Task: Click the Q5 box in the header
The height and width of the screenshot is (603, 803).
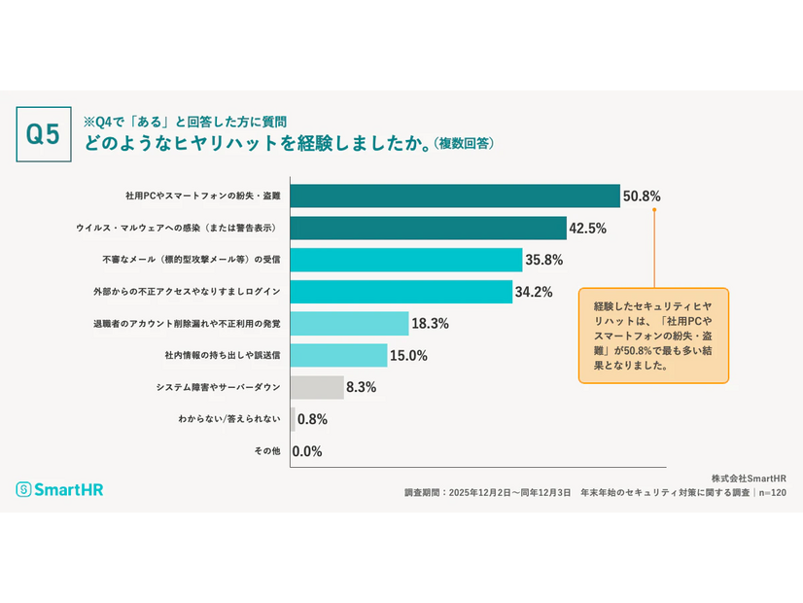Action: [44, 134]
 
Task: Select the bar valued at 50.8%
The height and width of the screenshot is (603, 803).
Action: [455, 196]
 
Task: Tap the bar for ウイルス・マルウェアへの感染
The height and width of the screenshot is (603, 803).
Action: [429, 229]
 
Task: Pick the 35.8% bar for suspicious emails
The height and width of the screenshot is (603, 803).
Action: [406, 260]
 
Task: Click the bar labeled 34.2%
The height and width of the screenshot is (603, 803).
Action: [401, 292]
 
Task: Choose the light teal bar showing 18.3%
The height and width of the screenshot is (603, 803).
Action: [350, 324]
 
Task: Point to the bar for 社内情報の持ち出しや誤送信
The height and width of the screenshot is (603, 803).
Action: [339, 355]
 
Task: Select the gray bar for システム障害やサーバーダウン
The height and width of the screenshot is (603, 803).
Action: [317, 387]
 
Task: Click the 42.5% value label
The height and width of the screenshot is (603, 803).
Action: [589, 229]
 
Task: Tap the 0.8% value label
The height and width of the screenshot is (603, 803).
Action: [312, 419]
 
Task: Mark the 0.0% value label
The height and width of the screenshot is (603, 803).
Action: [307, 451]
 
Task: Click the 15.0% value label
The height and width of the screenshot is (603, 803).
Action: [408, 355]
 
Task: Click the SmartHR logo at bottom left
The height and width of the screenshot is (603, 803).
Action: [59, 489]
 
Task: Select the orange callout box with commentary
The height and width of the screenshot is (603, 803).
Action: [653, 334]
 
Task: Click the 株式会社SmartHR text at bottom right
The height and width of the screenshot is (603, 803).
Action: [749, 478]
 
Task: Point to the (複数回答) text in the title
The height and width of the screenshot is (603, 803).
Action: [464, 144]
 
